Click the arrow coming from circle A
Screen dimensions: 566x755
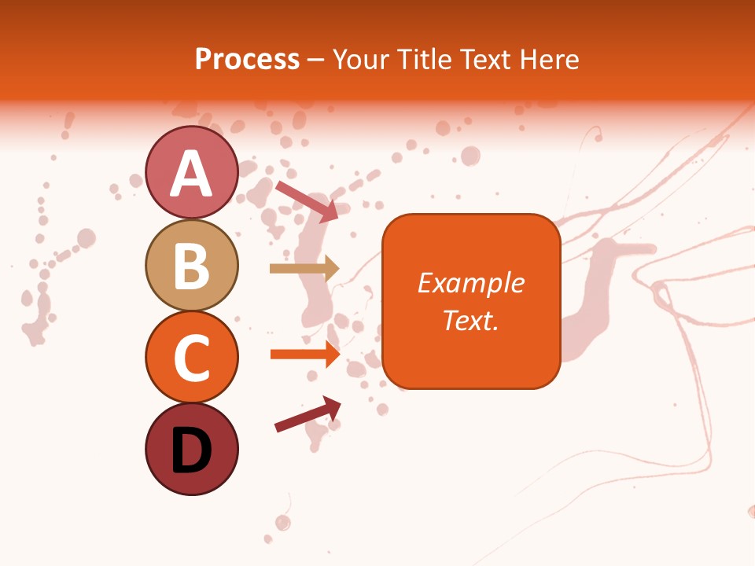click(x=307, y=200)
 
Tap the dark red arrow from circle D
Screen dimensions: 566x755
click(x=308, y=414)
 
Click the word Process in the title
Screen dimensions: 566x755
click(x=247, y=59)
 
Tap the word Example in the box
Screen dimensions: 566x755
click(x=470, y=283)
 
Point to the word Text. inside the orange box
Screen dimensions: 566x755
click(x=470, y=320)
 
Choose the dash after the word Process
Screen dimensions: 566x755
click(x=316, y=60)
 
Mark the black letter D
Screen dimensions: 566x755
click(x=191, y=450)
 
